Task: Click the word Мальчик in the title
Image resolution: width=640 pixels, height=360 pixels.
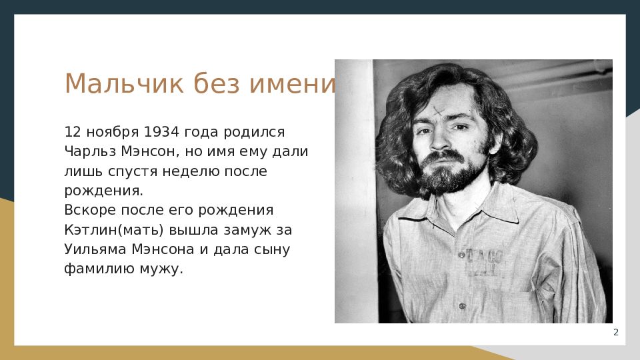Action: pyautogui.click(x=124, y=83)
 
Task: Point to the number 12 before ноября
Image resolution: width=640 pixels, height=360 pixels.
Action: pyautogui.click(x=73, y=132)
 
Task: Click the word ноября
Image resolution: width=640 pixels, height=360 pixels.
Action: pyautogui.click(x=113, y=133)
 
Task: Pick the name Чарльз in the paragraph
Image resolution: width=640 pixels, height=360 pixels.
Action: pyautogui.click(x=90, y=151)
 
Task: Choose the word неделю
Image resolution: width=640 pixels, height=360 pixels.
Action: pyautogui.click(x=191, y=171)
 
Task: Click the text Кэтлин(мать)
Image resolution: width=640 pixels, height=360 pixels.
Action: pyautogui.click(x=114, y=230)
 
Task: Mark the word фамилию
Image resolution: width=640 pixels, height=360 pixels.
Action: pyautogui.click(x=99, y=269)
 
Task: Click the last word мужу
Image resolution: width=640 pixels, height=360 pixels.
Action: pyautogui.click(x=161, y=269)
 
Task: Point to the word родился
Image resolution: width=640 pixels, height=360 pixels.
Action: pyautogui.click(x=254, y=133)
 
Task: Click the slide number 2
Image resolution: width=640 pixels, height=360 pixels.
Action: pyautogui.click(x=616, y=332)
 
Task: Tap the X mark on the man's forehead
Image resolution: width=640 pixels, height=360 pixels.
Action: pyautogui.click(x=439, y=111)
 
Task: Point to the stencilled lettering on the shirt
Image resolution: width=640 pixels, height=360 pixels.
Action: pyautogui.click(x=484, y=263)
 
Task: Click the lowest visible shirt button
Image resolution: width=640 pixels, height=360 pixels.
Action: pyautogui.click(x=462, y=306)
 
